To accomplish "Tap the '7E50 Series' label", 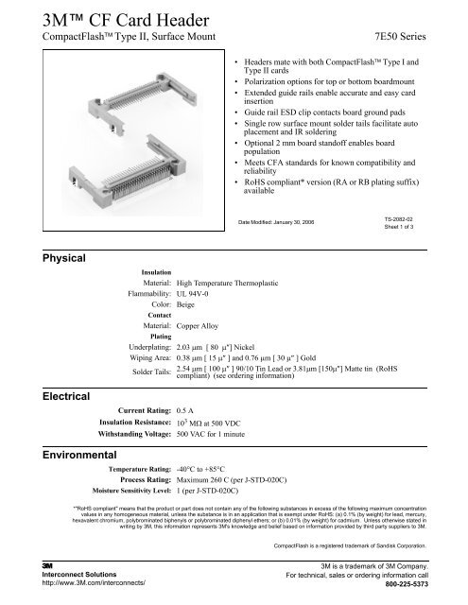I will (407, 36).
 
